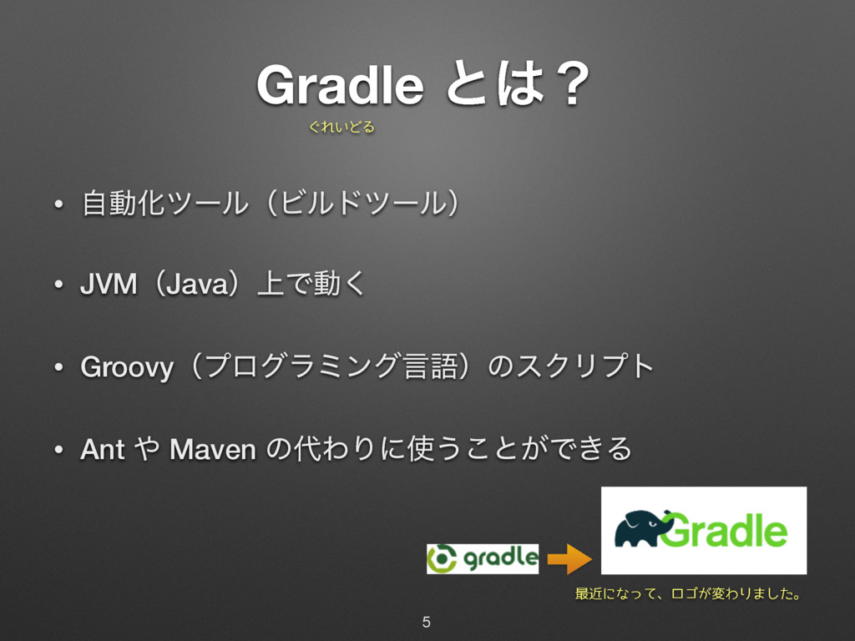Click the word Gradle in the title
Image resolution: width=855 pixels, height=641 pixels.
(339, 86)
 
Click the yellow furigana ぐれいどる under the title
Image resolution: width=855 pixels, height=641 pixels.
(341, 128)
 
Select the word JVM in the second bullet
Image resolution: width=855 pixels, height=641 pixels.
(107, 286)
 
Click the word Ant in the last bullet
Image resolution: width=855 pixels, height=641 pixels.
(102, 451)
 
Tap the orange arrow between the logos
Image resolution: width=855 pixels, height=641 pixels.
(569, 559)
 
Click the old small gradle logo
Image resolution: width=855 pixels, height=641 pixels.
(483, 558)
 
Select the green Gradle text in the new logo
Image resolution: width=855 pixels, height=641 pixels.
(727, 531)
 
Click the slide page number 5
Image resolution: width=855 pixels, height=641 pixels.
(427, 622)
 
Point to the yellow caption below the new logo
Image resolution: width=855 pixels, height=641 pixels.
(689, 595)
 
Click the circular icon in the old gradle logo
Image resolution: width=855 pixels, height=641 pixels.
(443, 558)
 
